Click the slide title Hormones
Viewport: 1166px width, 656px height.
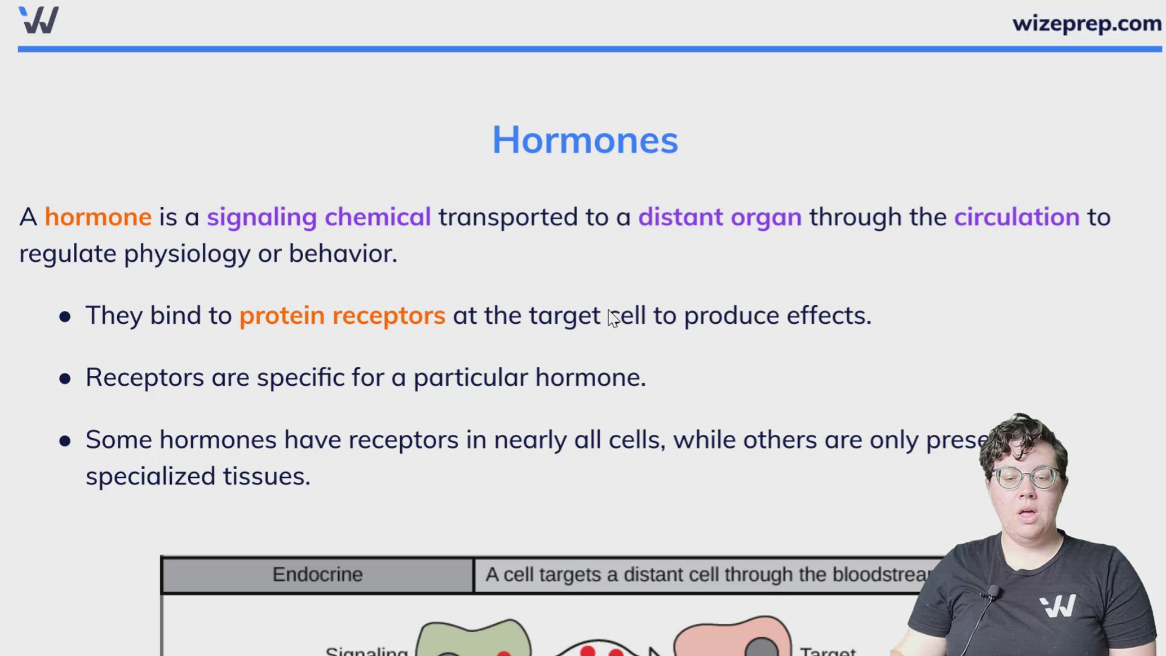[x=584, y=140]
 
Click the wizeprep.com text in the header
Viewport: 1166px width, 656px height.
[x=1086, y=24]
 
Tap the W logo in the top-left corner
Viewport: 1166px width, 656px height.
[x=39, y=20]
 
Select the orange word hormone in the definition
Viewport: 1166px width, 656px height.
[x=98, y=217]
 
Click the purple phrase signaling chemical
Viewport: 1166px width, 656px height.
[x=318, y=217]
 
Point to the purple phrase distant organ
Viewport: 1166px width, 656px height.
[x=719, y=217]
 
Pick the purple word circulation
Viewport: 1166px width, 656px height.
[x=1016, y=217]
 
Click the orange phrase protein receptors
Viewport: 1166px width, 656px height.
[x=342, y=316]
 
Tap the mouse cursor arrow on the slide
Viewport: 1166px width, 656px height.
[x=613, y=318]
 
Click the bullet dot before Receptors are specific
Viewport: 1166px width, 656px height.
[x=65, y=379]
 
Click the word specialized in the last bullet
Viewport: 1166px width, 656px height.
[x=150, y=476]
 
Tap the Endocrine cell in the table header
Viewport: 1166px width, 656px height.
[x=317, y=575]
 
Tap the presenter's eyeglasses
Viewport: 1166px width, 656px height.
[x=1027, y=478]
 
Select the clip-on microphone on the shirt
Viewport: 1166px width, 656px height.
[x=994, y=591]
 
